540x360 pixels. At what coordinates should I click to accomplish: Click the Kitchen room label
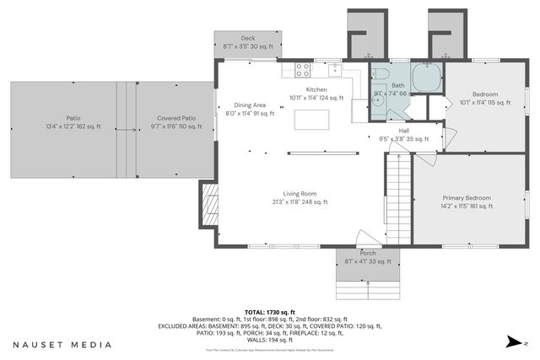tap(316, 89)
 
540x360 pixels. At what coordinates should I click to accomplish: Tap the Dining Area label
tap(250, 105)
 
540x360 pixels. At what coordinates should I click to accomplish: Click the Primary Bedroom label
tap(466, 197)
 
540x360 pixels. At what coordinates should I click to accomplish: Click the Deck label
tap(247, 38)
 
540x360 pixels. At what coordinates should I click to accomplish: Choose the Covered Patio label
tap(176, 118)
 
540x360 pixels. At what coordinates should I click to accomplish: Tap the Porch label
tap(368, 253)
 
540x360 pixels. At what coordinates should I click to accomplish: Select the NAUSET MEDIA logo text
tap(62, 344)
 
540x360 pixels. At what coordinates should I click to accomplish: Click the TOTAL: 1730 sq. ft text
tap(269, 311)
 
